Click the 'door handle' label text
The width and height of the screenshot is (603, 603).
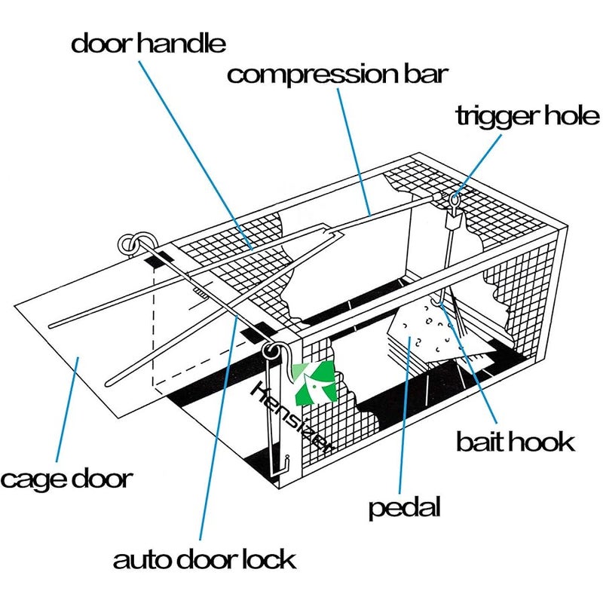(148, 43)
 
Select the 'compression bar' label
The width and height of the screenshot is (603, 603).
(338, 75)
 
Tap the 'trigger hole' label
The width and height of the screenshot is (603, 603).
(528, 117)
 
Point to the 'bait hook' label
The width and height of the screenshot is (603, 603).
(515, 441)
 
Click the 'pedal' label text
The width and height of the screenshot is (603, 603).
(404, 507)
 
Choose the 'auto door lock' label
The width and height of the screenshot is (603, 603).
(204, 560)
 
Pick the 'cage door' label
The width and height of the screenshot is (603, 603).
(67, 479)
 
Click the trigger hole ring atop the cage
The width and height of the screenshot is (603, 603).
(455, 200)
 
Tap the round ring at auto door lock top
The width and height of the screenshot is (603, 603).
(272, 350)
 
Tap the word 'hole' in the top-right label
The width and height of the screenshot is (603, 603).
(568, 117)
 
